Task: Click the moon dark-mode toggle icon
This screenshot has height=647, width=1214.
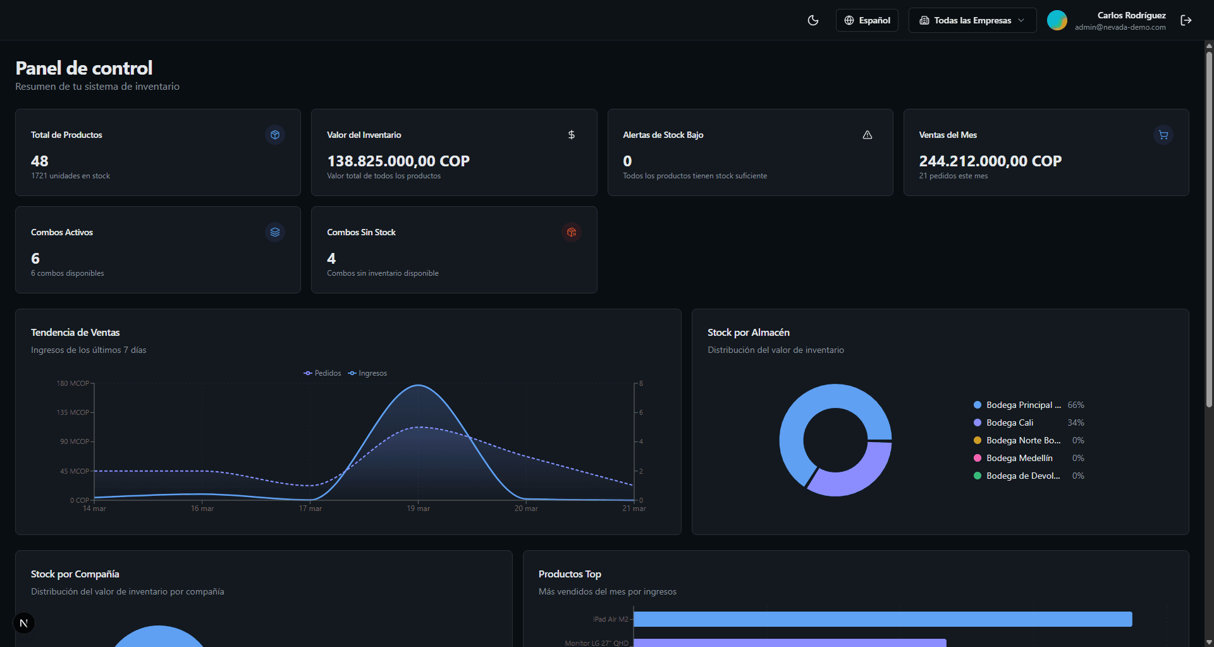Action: [x=813, y=20]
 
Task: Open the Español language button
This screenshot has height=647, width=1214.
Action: [x=867, y=20]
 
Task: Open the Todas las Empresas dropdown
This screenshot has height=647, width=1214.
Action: [x=972, y=20]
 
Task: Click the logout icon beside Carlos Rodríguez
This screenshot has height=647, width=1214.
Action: [x=1186, y=20]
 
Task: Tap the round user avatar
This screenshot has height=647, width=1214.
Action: [x=1057, y=20]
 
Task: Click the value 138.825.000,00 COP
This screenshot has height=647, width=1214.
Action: [x=398, y=161]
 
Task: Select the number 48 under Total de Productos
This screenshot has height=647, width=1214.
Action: [x=39, y=161]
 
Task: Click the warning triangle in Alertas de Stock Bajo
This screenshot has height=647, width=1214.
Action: [x=868, y=135]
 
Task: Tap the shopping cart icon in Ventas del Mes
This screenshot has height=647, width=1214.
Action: [x=1163, y=135]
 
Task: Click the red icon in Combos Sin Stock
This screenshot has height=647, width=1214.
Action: [x=572, y=232]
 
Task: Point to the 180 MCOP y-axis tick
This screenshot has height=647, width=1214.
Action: [x=73, y=383]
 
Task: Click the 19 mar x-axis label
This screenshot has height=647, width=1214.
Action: [x=418, y=508]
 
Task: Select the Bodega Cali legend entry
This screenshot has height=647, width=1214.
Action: [x=1010, y=422]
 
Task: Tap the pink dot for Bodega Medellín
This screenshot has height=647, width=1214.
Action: [x=978, y=458]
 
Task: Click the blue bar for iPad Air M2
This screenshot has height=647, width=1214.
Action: [x=882, y=619]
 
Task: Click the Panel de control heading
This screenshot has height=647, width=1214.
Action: [x=84, y=68]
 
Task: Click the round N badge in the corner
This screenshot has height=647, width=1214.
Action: [x=24, y=623]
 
